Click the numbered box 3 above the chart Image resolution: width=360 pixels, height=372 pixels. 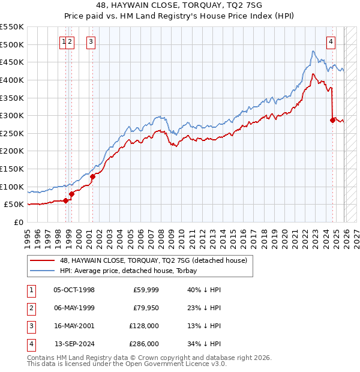pos(91,41)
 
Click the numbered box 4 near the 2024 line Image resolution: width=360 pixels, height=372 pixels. pos(331,41)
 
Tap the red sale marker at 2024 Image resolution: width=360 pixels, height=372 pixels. pos(332,120)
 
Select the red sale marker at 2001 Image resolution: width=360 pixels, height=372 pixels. pos(92,176)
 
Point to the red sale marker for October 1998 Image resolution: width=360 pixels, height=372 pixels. pos(65,201)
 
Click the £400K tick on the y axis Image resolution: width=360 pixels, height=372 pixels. pos(11,80)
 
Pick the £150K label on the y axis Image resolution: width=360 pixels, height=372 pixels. pos(11,169)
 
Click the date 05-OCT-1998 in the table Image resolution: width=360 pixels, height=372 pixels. pos(74,290)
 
